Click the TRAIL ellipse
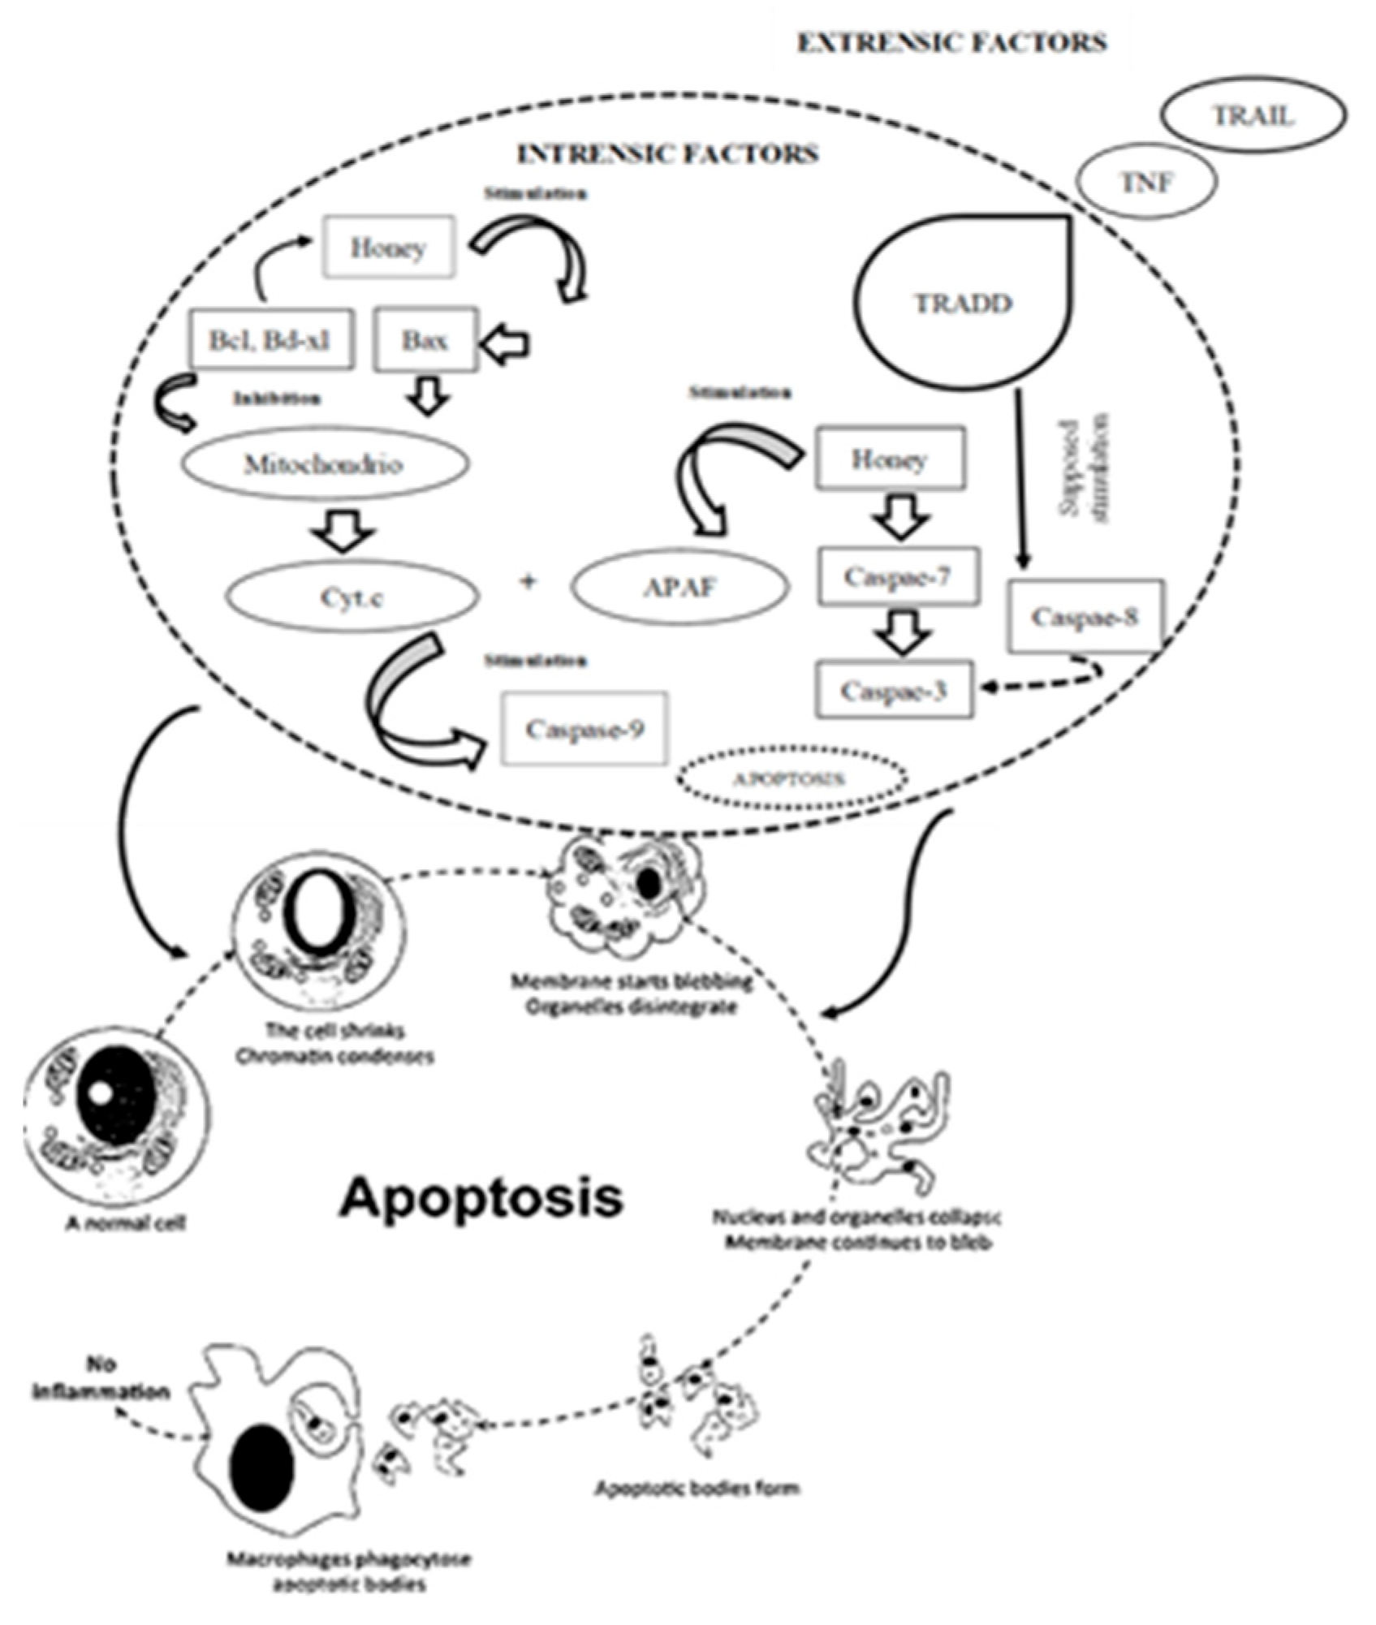click(x=1253, y=117)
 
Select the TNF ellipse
click(x=1147, y=182)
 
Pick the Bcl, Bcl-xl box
click(x=271, y=339)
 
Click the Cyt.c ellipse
click(x=352, y=597)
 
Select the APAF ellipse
click(x=680, y=587)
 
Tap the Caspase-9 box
click(x=584, y=728)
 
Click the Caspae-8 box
click(x=1085, y=616)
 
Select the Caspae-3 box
click(x=895, y=691)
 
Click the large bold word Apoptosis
click(x=481, y=1198)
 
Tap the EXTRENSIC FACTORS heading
click(x=952, y=42)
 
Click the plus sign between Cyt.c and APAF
click(x=528, y=581)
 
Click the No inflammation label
click(x=101, y=1377)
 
